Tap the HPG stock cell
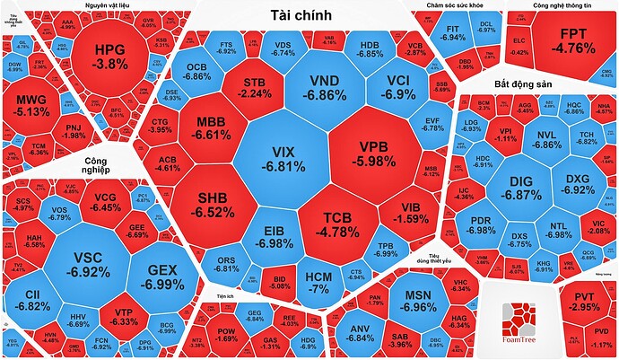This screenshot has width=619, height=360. coord(111,55)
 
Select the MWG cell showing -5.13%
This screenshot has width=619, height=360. coord(33,104)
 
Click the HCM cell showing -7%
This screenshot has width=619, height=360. coord(318,281)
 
